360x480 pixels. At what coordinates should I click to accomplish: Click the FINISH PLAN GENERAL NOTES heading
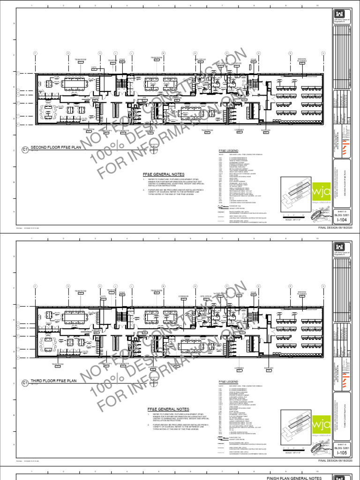(294, 478)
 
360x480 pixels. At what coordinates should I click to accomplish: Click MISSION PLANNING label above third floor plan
(302, 292)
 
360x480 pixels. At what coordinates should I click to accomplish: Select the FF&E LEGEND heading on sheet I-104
(228, 150)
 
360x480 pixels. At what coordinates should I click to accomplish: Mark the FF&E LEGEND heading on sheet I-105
(228, 382)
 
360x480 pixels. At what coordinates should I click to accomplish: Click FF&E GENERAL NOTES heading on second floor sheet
(162, 174)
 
